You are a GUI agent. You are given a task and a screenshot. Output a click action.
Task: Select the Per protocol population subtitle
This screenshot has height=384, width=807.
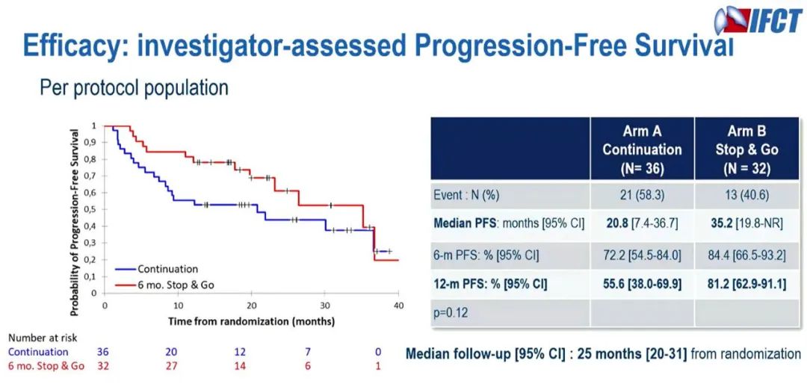pyautogui.click(x=134, y=88)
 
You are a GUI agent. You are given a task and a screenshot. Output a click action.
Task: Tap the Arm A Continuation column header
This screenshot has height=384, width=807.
pyautogui.click(x=642, y=149)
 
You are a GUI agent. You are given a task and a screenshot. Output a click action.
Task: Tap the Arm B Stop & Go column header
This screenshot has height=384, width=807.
pyautogui.click(x=746, y=149)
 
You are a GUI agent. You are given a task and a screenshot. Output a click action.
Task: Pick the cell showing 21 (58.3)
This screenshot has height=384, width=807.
pyautogui.click(x=642, y=195)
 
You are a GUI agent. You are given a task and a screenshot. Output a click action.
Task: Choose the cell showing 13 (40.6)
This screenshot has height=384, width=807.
pyautogui.click(x=746, y=195)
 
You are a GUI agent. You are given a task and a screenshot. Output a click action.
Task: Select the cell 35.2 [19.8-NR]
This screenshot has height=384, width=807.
pyautogui.click(x=746, y=223)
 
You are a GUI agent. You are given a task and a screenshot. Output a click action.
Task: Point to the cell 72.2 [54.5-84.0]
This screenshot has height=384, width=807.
pyautogui.click(x=642, y=256)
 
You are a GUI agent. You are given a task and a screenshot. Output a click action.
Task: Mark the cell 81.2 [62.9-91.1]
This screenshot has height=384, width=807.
pyautogui.click(x=746, y=285)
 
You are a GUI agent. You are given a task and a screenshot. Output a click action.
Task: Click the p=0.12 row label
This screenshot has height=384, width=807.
pyautogui.click(x=451, y=313)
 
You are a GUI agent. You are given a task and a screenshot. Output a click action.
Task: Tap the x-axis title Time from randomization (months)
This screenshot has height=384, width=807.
pyautogui.click(x=252, y=321)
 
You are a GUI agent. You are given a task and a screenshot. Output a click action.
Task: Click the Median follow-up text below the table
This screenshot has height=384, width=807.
pyautogui.click(x=602, y=353)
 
